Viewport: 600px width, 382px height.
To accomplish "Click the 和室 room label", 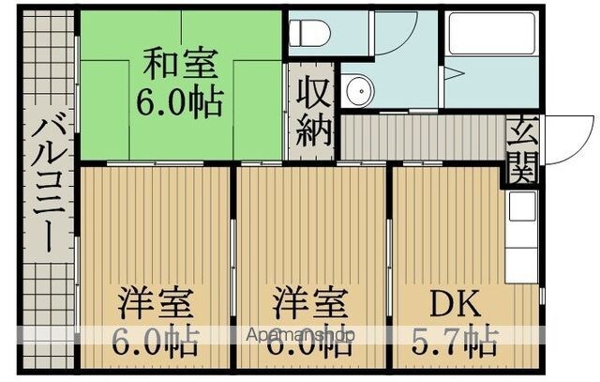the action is click(x=181, y=63).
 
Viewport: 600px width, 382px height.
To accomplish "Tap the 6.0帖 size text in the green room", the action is click(x=180, y=102).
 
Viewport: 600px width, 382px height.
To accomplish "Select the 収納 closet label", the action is click(x=313, y=111).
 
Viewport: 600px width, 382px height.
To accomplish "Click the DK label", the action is click(x=455, y=303).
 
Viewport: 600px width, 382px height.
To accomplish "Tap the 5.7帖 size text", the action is click(x=455, y=341).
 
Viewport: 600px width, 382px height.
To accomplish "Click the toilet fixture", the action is click(x=309, y=32).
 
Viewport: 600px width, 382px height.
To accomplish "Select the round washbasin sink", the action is click(x=359, y=91).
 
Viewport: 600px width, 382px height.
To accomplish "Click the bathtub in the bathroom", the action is click(x=492, y=34).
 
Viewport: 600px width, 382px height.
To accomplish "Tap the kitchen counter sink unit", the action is click(x=521, y=237).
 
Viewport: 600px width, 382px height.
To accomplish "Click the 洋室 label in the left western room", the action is click(x=156, y=303).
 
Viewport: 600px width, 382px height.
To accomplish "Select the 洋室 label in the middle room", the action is click(x=310, y=303).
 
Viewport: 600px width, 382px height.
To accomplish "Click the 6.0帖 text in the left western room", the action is click(x=156, y=341).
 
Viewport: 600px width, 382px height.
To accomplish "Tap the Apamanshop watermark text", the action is click(x=301, y=335).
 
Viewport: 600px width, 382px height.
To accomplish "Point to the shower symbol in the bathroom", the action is click(x=454, y=73).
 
